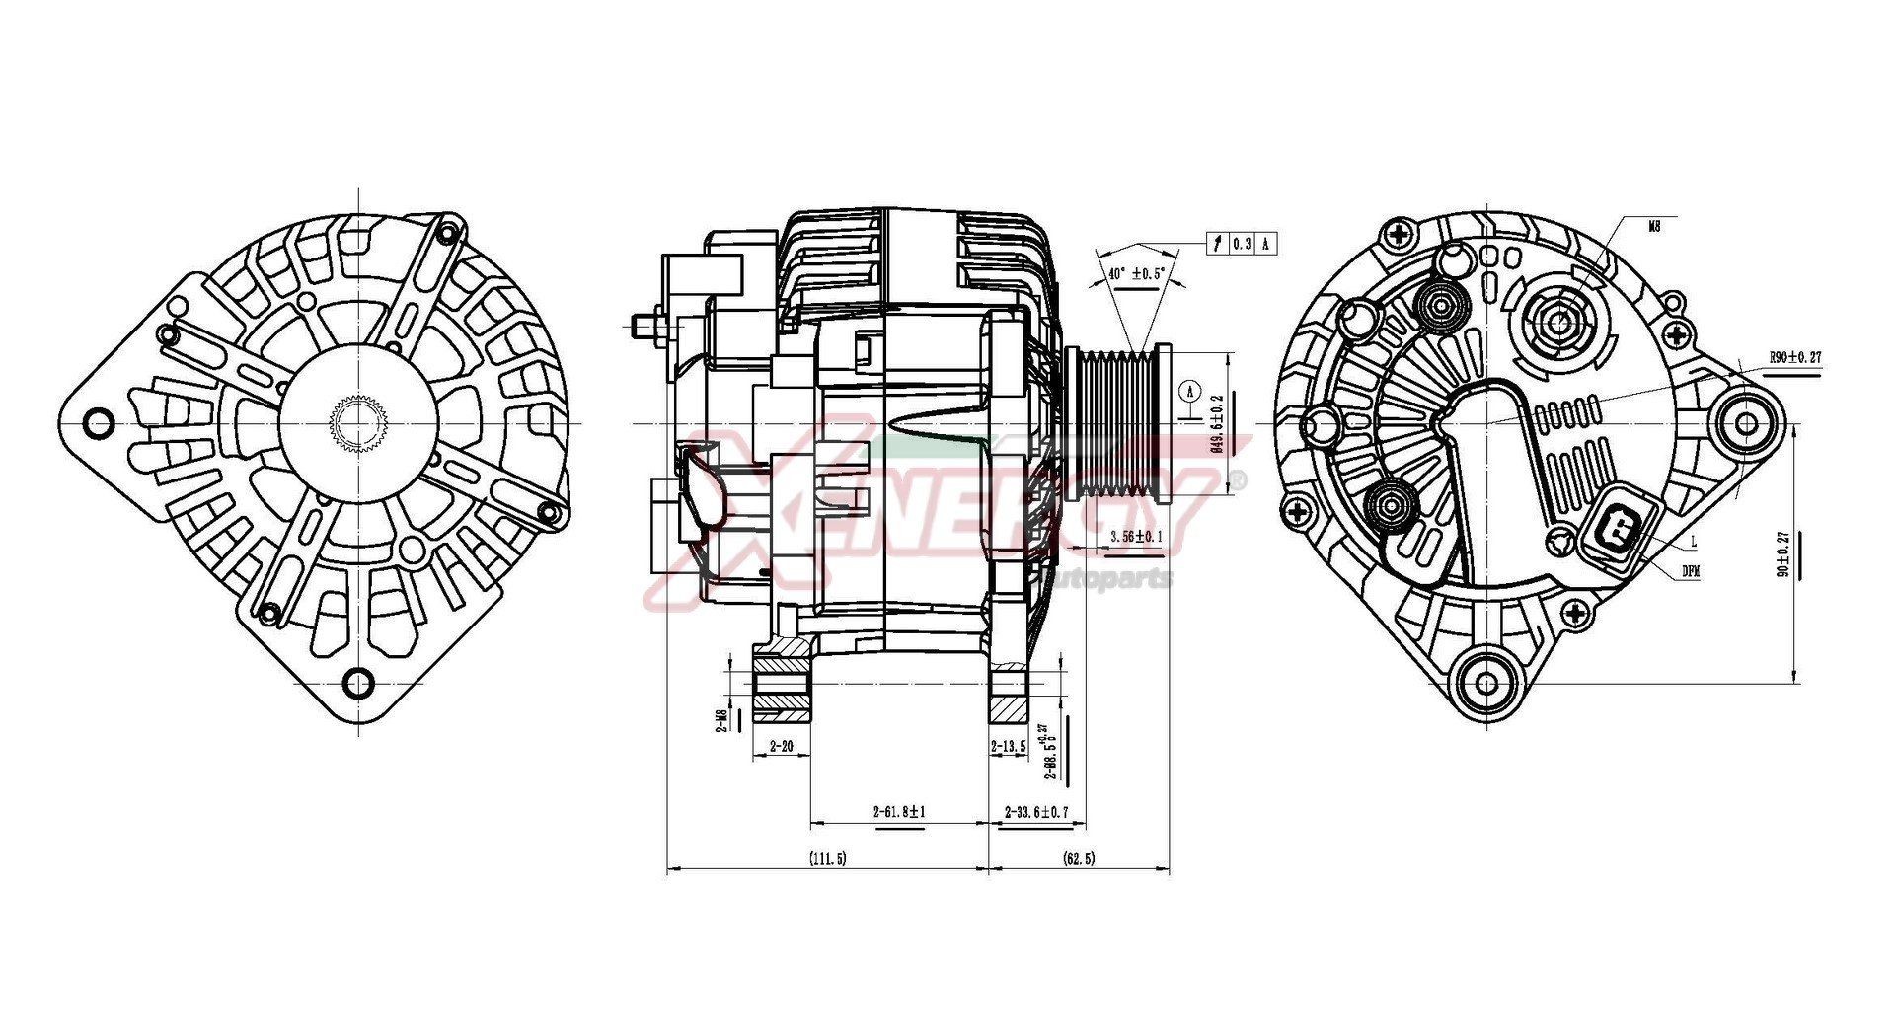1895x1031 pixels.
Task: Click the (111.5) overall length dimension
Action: click(x=827, y=859)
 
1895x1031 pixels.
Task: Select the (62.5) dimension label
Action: click(x=1079, y=859)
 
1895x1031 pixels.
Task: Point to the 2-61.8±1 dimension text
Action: click(x=898, y=812)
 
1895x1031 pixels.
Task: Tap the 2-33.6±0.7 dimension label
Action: click(x=1036, y=812)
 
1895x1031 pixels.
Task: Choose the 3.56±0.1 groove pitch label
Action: click(x=1136, y=537)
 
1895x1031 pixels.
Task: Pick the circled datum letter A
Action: click(x=1190, y=391)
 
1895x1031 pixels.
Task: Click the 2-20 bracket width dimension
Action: click(x=780, y=747)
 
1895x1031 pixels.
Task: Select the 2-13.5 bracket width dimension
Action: click(x=1008, y=747)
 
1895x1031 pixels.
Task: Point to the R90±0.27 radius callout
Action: click(x=1794, y=358)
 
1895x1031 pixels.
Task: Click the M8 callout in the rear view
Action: click(x=1655, y=226)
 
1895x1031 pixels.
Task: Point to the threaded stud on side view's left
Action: click(x=646, y=322)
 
